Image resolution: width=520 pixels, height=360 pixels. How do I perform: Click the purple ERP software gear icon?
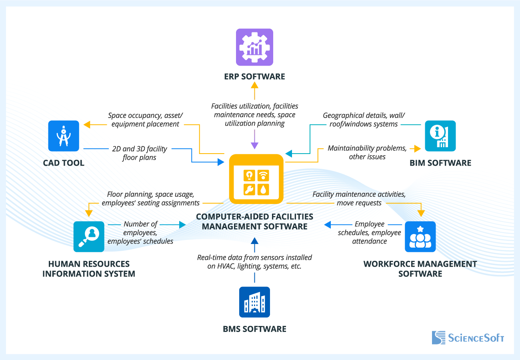click(254, 47)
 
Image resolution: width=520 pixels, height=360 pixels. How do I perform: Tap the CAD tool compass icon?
click(64, 136)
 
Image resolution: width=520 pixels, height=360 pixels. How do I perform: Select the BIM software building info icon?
click(440, 136)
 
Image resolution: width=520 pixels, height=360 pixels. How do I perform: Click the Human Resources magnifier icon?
click(89, 236)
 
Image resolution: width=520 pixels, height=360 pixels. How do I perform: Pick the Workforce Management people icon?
click(420, 236)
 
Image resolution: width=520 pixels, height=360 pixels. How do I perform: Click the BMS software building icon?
click(254, 302)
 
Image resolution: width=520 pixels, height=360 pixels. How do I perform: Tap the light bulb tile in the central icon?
click(250, 176)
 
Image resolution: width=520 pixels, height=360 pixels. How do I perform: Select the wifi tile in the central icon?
click(263, 176)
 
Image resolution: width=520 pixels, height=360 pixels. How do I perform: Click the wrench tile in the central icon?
click(250, 189)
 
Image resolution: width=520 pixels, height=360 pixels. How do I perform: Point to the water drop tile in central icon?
click(263, 189)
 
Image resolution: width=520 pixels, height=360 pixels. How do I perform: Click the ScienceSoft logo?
click(468, 338)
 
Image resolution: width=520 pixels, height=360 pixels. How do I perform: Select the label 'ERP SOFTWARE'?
click(254, 76)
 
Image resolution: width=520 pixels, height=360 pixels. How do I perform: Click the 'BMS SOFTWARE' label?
click(254, 329)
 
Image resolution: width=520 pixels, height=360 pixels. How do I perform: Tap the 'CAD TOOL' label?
click(64, 163)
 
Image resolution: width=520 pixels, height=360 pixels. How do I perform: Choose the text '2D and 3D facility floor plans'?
click(139, 153)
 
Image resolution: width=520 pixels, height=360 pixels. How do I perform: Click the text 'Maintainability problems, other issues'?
click(367, 152)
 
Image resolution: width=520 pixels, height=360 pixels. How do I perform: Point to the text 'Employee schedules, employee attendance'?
click(369, 233)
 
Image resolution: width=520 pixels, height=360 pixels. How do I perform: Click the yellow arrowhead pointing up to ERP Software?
click(254, 84)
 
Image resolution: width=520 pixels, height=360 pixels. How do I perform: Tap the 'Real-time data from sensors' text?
click(254, 262)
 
